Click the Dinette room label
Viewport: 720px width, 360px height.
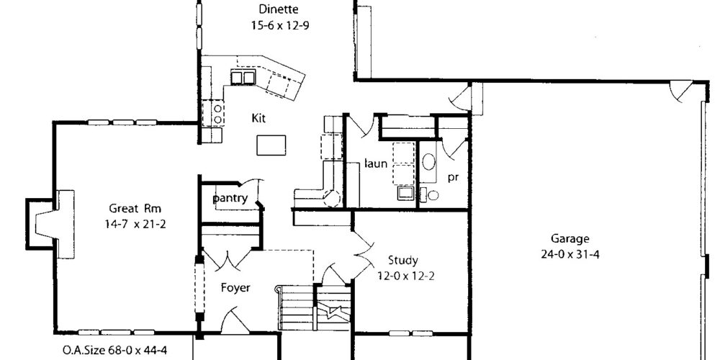pos(278,9)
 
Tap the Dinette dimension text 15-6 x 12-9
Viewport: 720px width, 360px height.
pos(279,24)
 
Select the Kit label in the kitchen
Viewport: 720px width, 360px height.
pos(258,118)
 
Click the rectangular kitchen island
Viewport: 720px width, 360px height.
pos(271,145)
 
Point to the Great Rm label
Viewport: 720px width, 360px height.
pos(135,209)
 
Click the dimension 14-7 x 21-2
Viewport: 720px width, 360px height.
pos(135,224)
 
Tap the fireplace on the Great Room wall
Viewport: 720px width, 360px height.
pos(50,224)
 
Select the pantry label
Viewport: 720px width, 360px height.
pos(230,199)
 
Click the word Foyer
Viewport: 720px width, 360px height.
pos(235,288)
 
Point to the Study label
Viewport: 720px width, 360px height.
pos(402,261)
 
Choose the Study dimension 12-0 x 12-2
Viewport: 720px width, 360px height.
pos(406,276)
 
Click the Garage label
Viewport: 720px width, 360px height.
pos(570,239)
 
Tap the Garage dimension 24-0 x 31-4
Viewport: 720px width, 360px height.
pos(570,254)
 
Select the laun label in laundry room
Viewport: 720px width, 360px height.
pos(376,163)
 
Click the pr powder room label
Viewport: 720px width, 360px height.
pos(453,178)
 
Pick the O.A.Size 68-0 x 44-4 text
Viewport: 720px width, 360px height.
pos(114,351)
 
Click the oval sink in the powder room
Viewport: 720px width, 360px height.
pos(429,162)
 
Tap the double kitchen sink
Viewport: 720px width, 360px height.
pos(243,77)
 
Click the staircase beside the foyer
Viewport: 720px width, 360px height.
pos(313,307)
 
